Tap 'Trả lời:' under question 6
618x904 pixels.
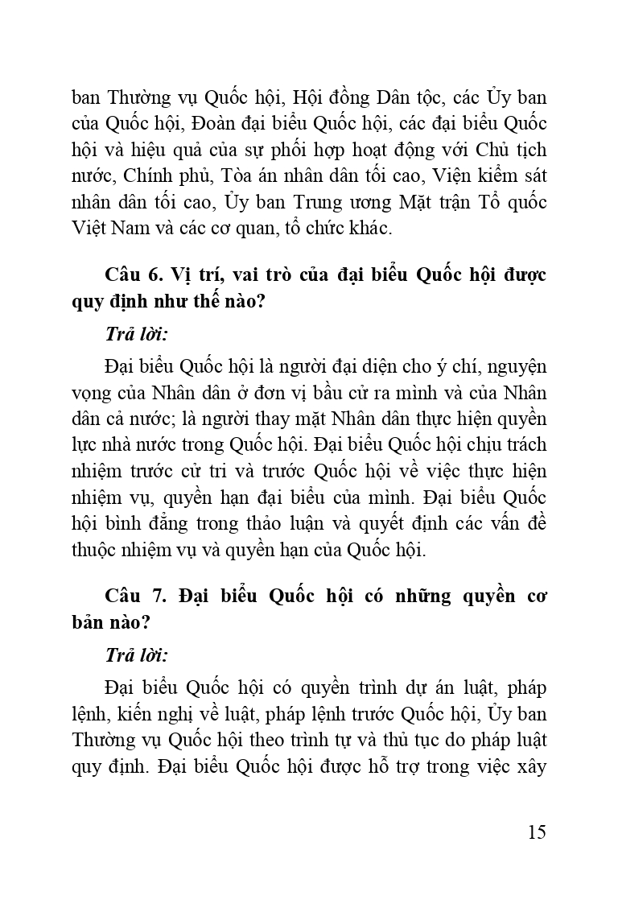(136, 334)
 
